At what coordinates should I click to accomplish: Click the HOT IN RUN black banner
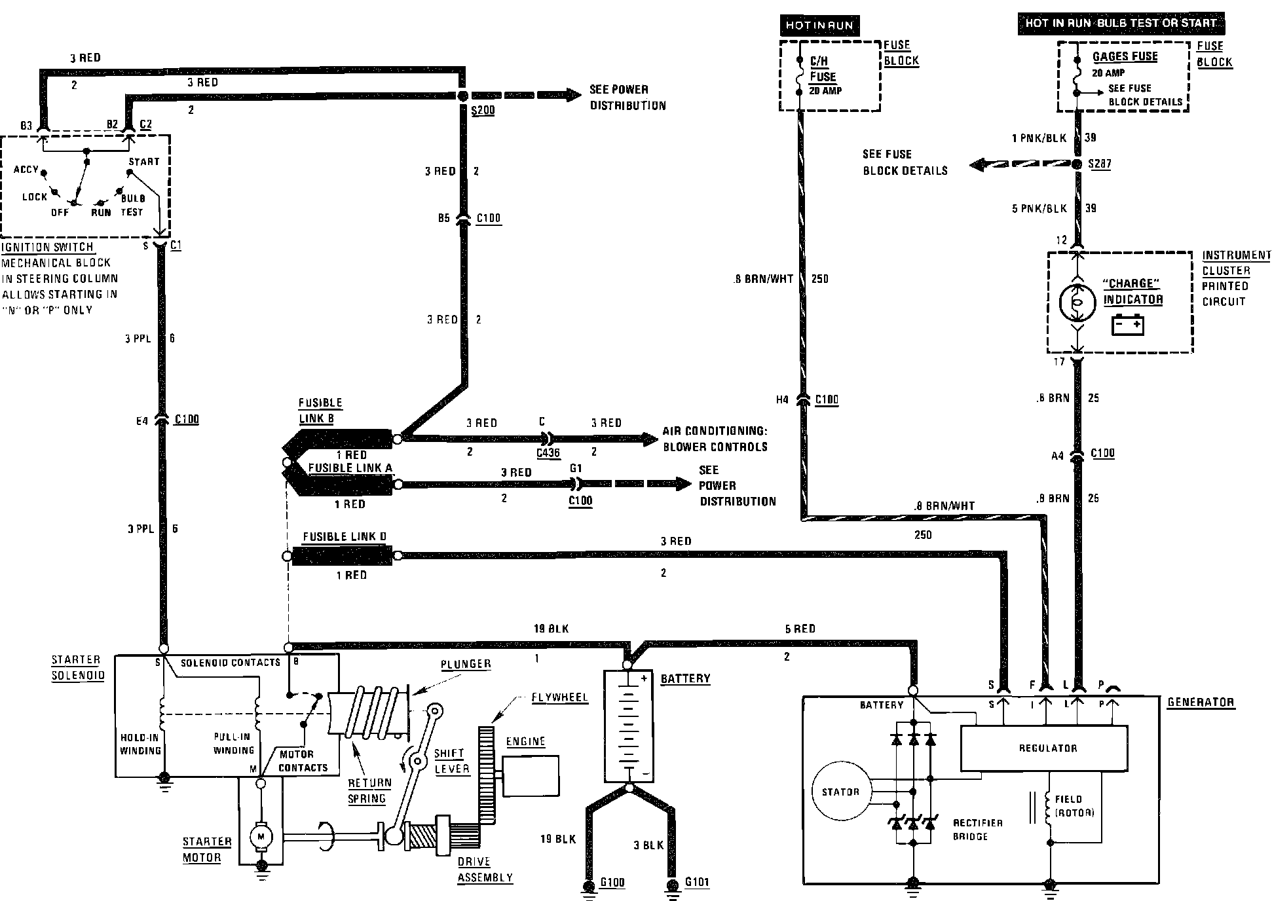819,26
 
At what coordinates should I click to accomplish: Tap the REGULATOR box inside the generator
1047,748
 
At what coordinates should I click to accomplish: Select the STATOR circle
840,792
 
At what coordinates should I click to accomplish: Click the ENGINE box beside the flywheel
531,776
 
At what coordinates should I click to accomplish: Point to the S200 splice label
483,110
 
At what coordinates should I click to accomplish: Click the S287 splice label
1100,164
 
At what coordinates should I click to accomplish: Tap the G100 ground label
612,882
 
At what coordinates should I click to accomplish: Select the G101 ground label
697,882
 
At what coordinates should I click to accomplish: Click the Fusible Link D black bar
342,556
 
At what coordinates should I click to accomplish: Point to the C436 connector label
548,452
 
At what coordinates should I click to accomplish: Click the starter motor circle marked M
261,836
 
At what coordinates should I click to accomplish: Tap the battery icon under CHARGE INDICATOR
1128,325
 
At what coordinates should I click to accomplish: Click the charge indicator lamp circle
1077,301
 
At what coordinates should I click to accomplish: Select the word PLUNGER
466,664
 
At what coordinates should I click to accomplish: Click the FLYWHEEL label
559,697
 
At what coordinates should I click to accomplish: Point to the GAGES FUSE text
1125,56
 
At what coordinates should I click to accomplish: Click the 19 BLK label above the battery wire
551,629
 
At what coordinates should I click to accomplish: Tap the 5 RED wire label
800,629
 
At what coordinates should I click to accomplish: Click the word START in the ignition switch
144,162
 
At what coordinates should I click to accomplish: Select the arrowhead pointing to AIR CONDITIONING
650,439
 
